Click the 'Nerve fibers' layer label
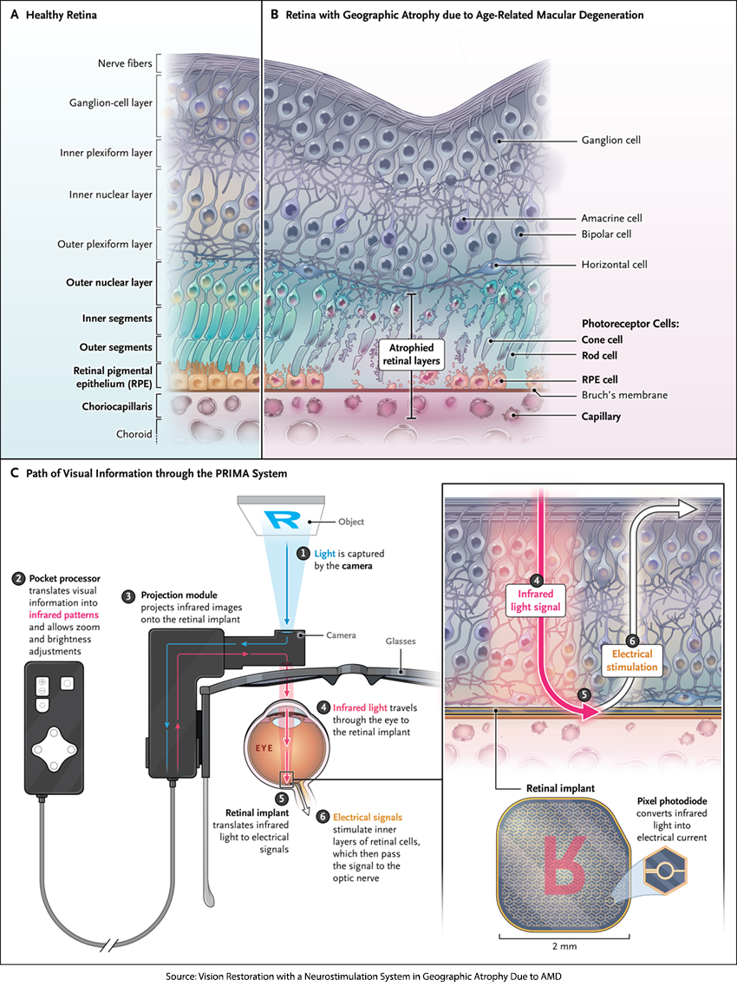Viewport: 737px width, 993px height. pos(124,64)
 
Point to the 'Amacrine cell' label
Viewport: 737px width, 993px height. pos(611,219)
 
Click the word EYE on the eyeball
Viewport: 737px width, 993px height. pos(264,746)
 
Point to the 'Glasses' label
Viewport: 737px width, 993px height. pos(401,641)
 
